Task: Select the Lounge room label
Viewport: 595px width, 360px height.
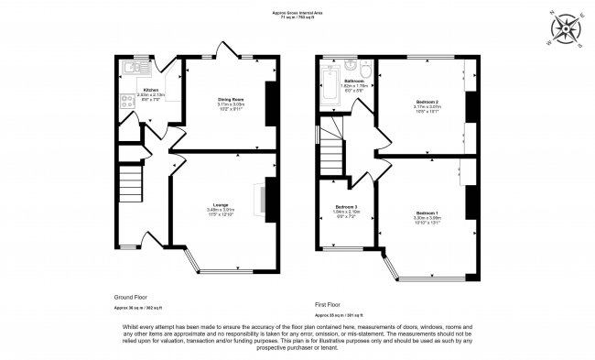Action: click(222, 204)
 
